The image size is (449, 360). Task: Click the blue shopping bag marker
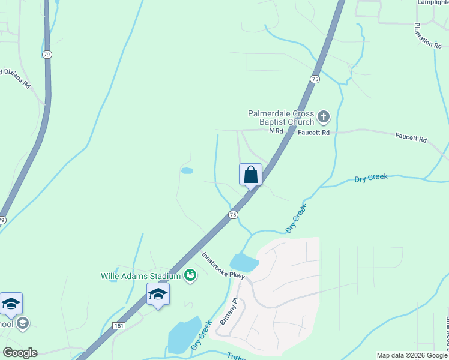pos(250,175)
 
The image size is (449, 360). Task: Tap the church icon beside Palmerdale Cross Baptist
pos(324,116)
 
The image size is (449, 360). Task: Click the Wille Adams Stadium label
pos(140,276)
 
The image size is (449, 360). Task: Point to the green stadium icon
pos(191,275)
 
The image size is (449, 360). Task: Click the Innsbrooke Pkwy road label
pos(223,265)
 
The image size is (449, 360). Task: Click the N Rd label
pos(276,131)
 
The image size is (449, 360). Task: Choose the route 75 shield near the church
pos(315,79)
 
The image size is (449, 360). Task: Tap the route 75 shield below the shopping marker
pos(233,214)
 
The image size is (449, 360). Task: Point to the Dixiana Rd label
pos(15,79)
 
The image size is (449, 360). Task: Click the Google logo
pos(20,353)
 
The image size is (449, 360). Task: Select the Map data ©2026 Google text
pos(412,355)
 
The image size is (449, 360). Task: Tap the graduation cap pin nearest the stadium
pos(158,295)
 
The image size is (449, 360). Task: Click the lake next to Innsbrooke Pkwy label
pos(244,262)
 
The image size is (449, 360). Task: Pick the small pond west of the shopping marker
pos(187,170)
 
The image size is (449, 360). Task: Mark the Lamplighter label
pos(433,2)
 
